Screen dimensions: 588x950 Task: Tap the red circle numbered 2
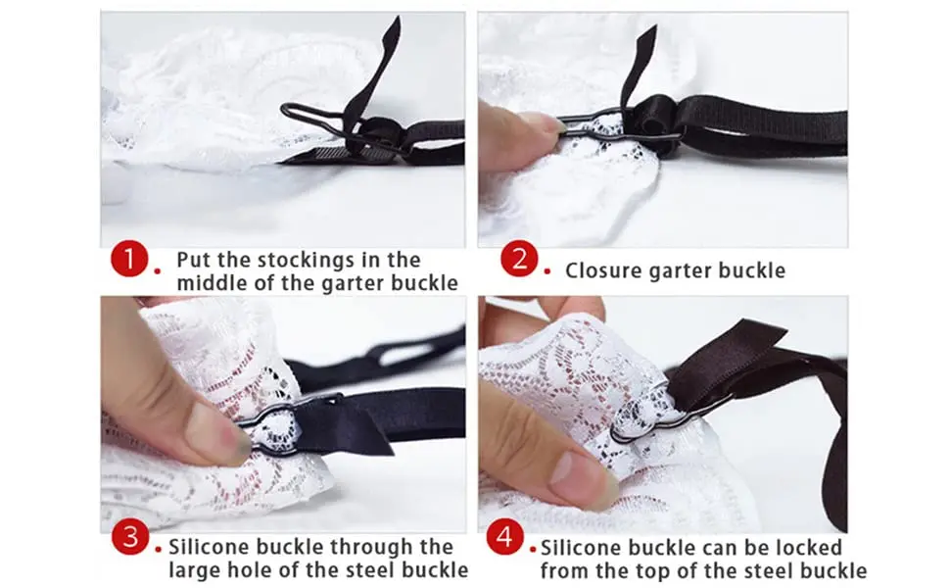[x=519, y=261]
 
